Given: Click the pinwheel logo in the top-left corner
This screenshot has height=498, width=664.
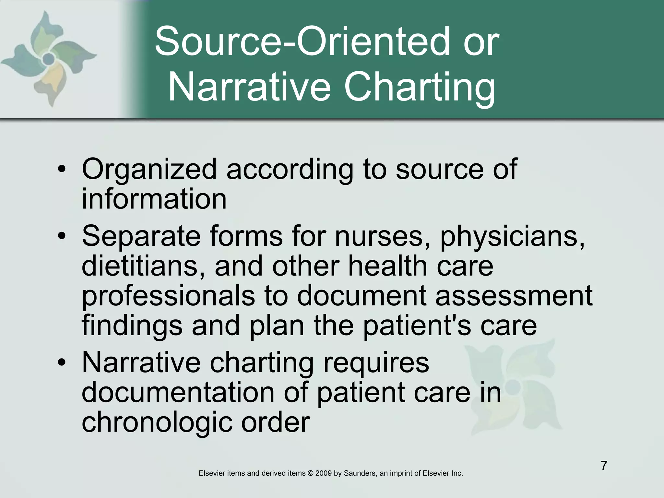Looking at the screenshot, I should tap(49, 58).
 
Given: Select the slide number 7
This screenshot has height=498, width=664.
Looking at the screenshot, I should tap(604, 466).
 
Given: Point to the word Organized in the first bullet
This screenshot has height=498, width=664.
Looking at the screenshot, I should tap(149, 169).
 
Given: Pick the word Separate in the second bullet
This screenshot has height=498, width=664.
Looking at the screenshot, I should tap(141, 236).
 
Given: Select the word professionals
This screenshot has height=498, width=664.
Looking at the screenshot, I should tap(168, 296).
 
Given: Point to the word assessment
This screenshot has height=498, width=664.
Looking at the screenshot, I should tap(514, 296).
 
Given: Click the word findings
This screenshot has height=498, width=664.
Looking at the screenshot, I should tap(132, 326).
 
